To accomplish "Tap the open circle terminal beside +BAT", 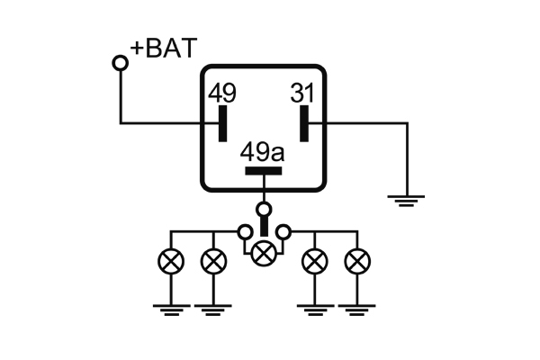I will tap(120, 62).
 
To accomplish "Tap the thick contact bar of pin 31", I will tap(304, 123).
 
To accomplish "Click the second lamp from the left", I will tap(212, 262).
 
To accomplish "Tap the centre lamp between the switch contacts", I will tap(263, 253).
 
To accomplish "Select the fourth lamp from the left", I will tap(314, 262).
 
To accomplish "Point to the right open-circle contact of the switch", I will tap(283, 233).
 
